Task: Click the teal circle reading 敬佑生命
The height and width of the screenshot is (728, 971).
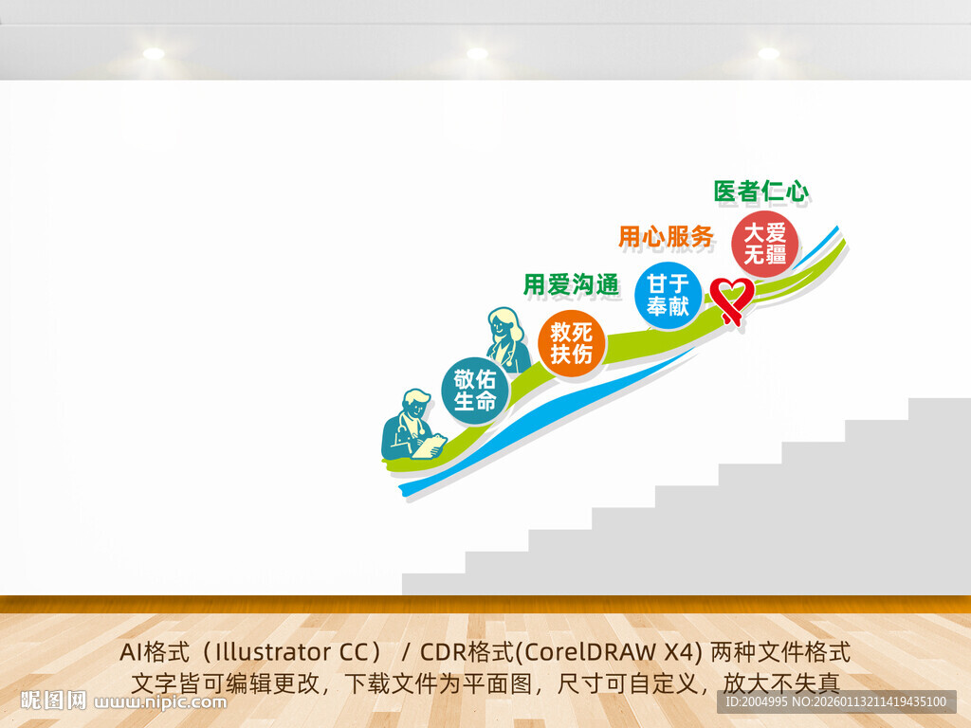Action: click(x=475, y=391)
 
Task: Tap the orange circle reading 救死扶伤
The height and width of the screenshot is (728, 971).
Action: click(x=571, y=343)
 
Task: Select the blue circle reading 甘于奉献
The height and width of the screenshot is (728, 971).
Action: click(x=669, y=295)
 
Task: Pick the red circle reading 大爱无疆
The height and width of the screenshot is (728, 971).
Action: click(x=764, y=244)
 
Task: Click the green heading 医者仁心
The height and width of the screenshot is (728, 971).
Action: click(x=761, y=192)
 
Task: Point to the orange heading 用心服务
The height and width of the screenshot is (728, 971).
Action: click(x=666, y=237)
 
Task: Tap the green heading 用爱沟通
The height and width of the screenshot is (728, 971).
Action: click(x=571, y=283)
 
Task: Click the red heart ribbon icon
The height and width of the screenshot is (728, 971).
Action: click(x=731, y=299)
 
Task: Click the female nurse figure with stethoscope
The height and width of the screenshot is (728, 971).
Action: click(x=506, y=339)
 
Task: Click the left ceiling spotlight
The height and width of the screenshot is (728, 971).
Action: click(x=154, y=54)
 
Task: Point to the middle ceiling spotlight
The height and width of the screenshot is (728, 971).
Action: click(x=477, y=54)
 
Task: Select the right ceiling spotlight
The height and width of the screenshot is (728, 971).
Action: click(x=768, y=54)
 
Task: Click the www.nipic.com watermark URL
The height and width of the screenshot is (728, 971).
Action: click(x=161, y=702)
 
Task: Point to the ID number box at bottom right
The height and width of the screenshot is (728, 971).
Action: click(x=834, y=701)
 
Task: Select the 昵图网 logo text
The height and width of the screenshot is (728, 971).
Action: click(x=53, y=701)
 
